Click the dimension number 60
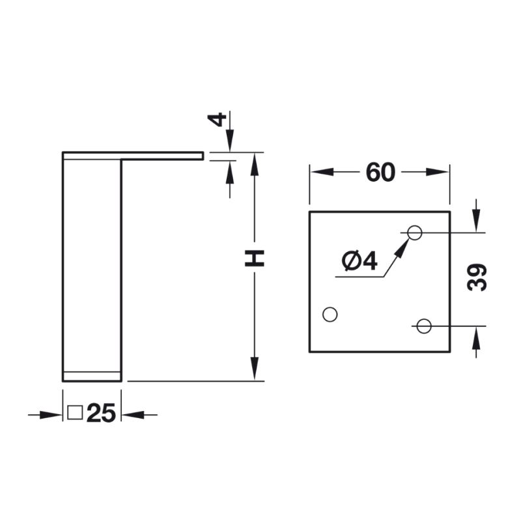[x=380, y=172]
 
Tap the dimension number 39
[x=477, y=277]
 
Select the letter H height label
[x=254, y=259]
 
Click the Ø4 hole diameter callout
[x=360, y=261]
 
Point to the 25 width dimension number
[x=101, y=413]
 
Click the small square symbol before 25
[x=75, y=413]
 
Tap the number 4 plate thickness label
[x=217, y=120]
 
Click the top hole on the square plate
[x=415, y=232]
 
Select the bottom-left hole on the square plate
[x=330, y=315]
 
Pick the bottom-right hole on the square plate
[x=424, y=326]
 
